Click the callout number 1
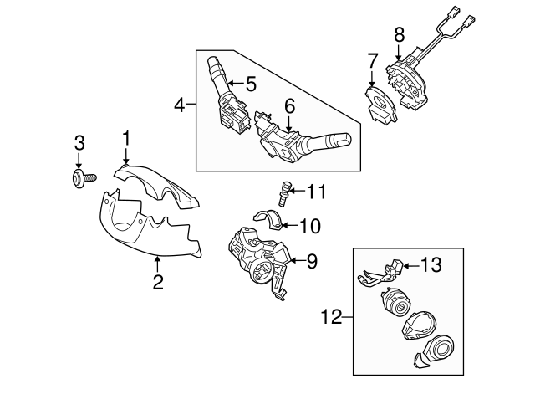(126, 137)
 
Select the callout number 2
(157, 283)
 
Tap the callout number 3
(79, 142)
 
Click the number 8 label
(399, 34)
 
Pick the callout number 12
(333, 316)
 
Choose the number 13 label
(430, 267)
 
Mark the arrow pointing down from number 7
(373, 77)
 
